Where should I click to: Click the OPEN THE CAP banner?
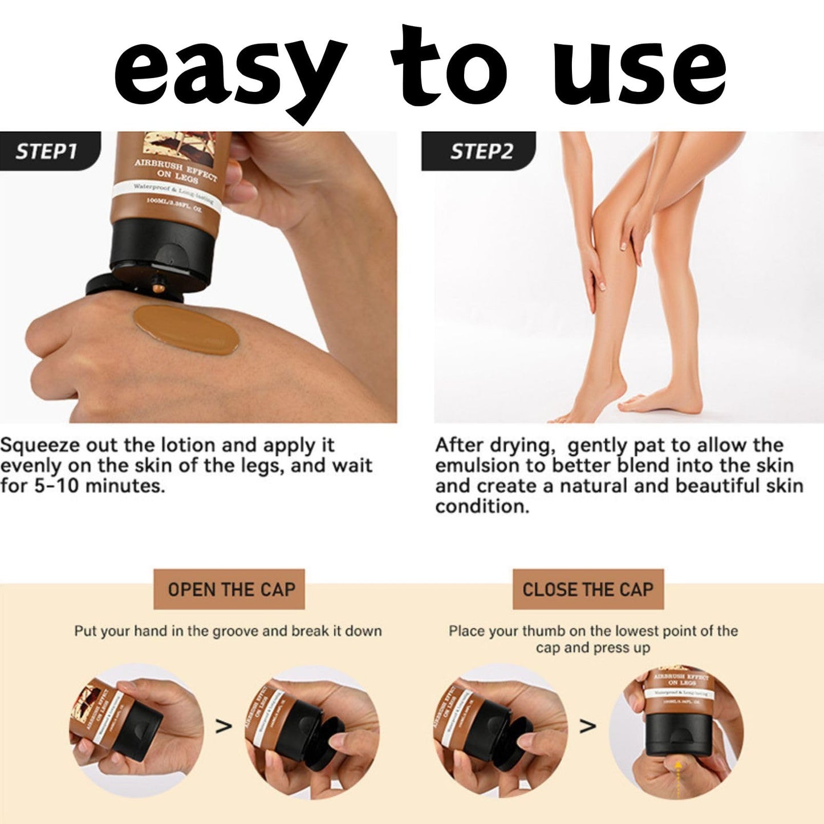point(229,589)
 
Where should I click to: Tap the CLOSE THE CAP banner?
point(587,589)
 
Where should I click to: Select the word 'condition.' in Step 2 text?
point(482,506)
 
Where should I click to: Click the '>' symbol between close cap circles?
point(587,726)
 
